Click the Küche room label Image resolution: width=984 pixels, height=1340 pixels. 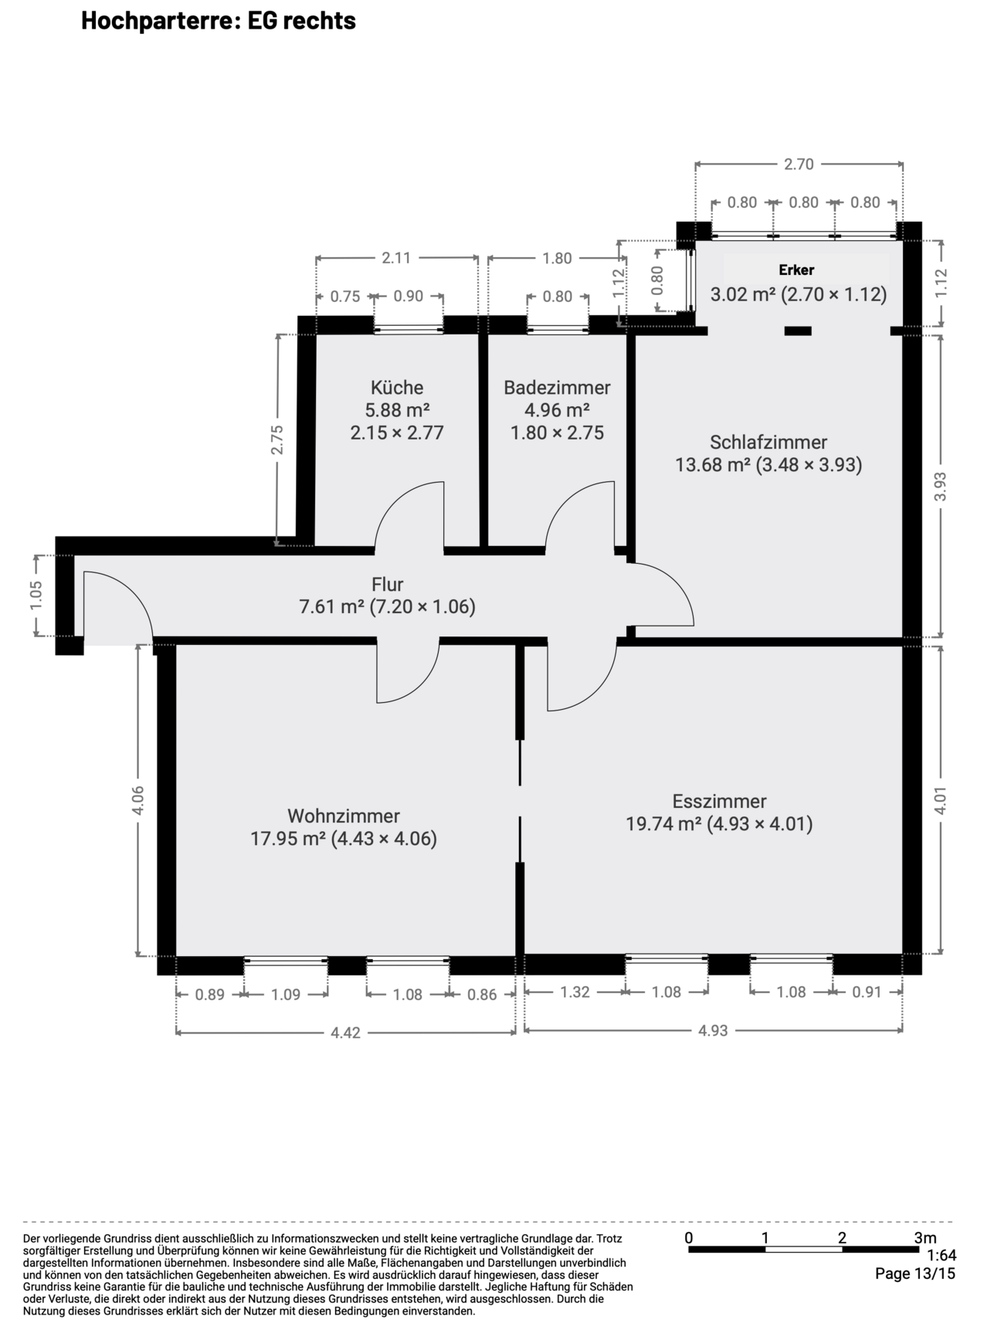(x=397, y=387)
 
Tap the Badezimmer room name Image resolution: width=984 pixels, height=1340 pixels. (x=557, y=387)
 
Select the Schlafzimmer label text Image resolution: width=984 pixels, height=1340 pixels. (x=769, y=443)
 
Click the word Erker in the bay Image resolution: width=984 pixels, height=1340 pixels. (x=796, y=270)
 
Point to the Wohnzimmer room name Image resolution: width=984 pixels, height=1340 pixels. (x=344, y=816)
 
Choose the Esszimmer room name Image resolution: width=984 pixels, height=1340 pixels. (x=719, y=801)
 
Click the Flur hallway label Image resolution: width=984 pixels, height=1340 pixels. (x=387, y=584)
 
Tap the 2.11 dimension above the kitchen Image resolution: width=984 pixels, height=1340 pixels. (x=396, y=258)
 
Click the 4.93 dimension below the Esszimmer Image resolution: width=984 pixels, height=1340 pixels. (x=713, y=1030)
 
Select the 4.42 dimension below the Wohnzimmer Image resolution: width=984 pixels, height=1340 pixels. (x=345, y=1032)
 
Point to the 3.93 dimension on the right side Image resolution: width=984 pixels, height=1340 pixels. (x=940, y=487)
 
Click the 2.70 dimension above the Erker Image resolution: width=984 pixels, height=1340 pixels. (x=799, y=164)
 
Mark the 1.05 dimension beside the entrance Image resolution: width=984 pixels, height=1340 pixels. (x=36, y=595)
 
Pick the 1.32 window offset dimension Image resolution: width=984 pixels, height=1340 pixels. (x=575, y=992)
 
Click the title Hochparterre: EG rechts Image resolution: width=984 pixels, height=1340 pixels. (x=219, y=21)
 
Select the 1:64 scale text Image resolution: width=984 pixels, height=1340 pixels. (x=941, y=1256)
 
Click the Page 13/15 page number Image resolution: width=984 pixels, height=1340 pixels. (x=915, y=1274)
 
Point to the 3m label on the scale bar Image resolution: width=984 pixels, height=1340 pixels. (x=925, y=1238)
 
